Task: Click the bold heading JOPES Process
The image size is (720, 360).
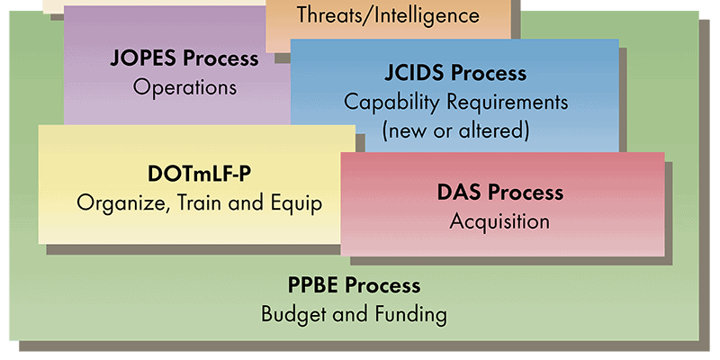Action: pyautogui.click(x=184, y=58)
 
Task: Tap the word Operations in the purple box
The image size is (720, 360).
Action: pyautogui.click(x=184, y=87)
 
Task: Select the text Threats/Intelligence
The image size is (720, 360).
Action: pyautogui.click(x=388, y=15)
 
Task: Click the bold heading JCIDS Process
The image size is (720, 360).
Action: pyautogui.click(x=455, y=73)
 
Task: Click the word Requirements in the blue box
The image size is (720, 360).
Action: pyautogui.click(x=508, y=103)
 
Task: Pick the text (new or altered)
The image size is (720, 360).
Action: pyautogui.click(x=455, y=130)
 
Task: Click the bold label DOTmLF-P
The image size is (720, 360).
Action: pyautogui.click(x=199, y=175)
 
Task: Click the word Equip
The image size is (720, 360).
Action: pyautogui.click(x=297, y=203)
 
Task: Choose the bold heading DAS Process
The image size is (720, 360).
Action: pyautogui.click(x=500, y=193)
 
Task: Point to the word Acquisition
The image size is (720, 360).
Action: pyautogui.click(x=499, y=221)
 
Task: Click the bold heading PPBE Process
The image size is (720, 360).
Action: pyautogui.click(x=354, y=285)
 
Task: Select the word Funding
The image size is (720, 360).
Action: pyautogui.click(x=411, y=315)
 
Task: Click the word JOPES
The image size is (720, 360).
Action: pyautogui.click(x=143, y=58)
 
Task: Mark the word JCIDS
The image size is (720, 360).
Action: pyautogui.click(x=416, y=73)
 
